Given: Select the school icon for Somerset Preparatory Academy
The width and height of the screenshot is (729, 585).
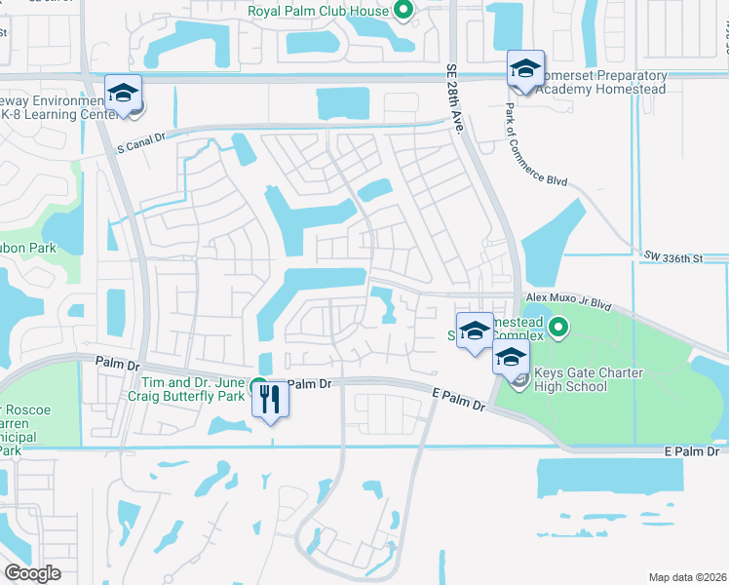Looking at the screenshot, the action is click(525, 69).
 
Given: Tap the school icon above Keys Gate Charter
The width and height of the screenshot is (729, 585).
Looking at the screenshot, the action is click(512, 358).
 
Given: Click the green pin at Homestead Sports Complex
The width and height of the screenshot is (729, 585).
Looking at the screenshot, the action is click(558, 329).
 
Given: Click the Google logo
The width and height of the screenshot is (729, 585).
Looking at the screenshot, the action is click(33, 573).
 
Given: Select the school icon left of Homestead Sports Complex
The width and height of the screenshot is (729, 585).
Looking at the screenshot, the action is click(475, 331).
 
